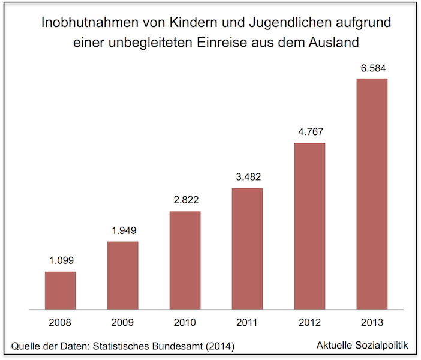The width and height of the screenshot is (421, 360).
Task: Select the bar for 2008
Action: (60, 290)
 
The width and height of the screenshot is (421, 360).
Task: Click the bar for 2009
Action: (122, 275)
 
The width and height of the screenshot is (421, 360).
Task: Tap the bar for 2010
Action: (185, 260)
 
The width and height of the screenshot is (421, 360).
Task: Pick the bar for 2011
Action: (247, 249)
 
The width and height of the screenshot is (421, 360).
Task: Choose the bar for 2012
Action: (309, 226)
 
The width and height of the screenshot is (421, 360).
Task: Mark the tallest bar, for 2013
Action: (372, 194)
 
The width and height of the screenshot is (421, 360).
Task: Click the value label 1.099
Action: (60, 261)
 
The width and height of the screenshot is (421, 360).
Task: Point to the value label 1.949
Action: (122, 231)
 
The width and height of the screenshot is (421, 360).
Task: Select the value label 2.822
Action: (185, 200)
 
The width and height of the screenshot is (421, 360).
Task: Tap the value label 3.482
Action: (247, 178)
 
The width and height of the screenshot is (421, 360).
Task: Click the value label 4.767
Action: (309, 132)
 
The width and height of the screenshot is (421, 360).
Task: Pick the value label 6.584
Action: (372, 68)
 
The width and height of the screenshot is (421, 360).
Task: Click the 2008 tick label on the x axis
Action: (60, 323)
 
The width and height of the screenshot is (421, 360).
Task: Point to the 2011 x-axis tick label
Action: (247, 323)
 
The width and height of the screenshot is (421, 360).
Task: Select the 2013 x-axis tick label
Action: (372, 323)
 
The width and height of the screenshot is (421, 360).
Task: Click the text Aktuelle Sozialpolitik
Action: (362, 345)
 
